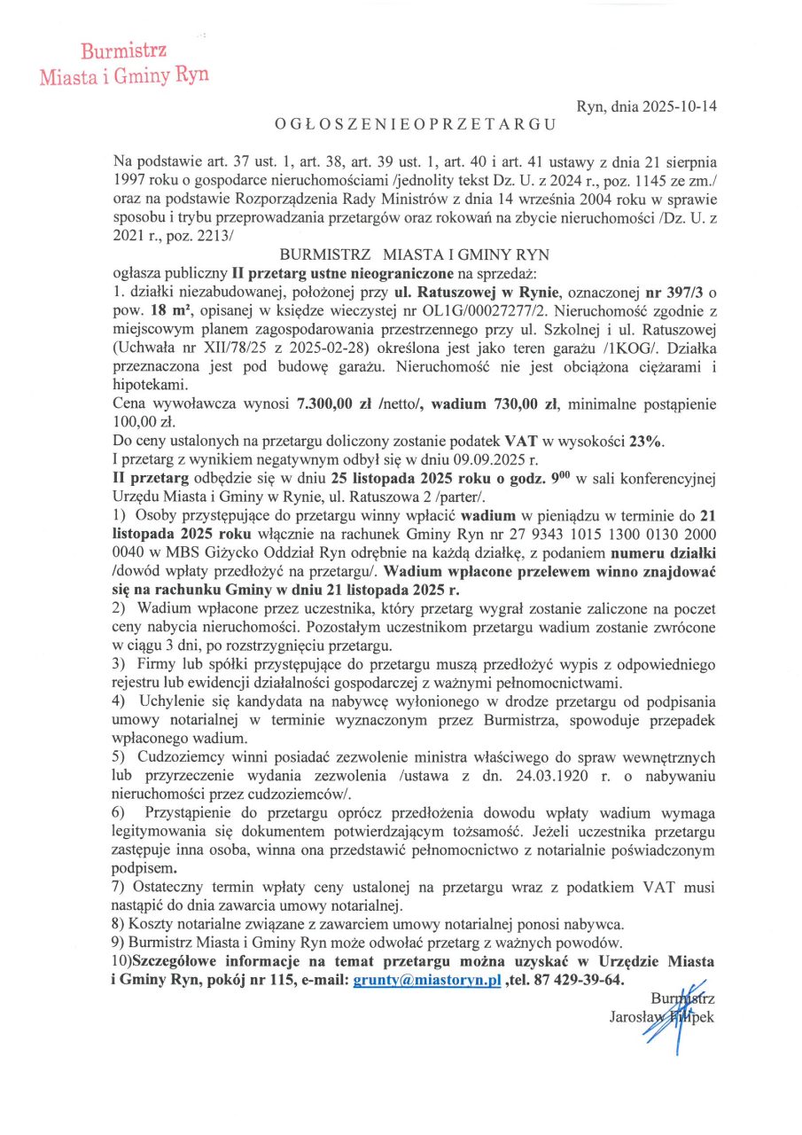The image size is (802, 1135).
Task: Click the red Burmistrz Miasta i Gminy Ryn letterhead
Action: point(124,62)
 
